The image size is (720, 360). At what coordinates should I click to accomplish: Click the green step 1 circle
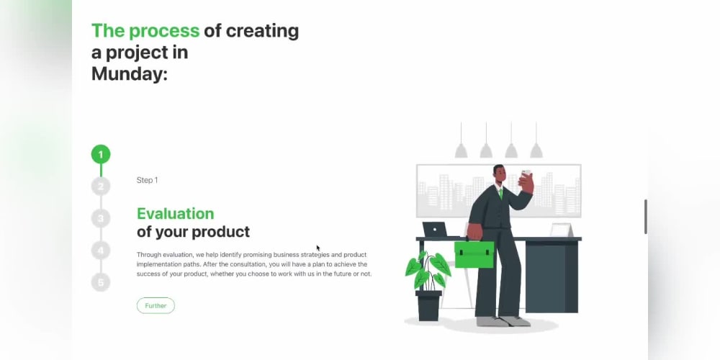[101, 154]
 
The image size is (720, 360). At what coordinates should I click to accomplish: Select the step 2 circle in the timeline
[101, 186]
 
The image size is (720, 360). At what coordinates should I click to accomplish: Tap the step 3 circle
[101, 218]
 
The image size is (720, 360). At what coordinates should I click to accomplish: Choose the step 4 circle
[101, 251]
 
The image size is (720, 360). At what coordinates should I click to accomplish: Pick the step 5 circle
[101, 282]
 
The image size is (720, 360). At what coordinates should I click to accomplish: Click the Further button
[156, 306]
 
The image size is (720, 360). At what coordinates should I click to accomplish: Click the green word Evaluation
[175, 214]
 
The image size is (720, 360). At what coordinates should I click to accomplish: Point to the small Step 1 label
[147, 180]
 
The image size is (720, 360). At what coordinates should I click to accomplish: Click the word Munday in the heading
[129, 73]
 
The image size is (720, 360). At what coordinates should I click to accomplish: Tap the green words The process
[145, 31]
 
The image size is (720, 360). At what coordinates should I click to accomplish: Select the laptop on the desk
[436, 230]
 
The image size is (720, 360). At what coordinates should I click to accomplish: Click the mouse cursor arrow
[318, 248]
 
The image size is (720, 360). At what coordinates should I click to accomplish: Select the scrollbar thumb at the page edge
[645, 216]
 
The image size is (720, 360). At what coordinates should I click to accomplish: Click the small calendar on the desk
[561, 230]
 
